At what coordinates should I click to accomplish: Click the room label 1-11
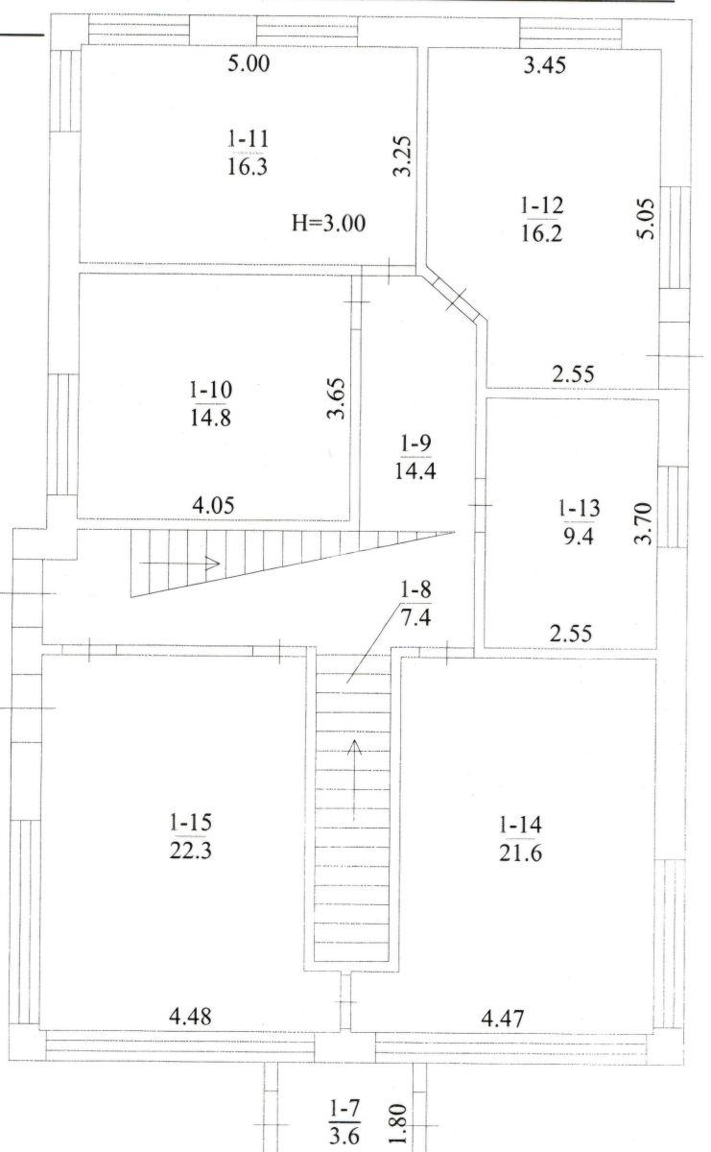click(x=249, y=139)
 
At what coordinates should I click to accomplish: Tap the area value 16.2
click(x=542, y=234)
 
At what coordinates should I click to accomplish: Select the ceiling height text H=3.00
click(x=329, y=224)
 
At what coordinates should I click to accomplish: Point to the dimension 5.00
click(x=249, y=64)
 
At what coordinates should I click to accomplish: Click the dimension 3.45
click(x=545, y=65)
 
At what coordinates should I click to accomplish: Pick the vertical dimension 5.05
click(x=645, y=219)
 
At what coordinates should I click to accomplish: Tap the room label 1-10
click(x=211, y=390)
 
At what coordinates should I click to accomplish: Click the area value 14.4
click(x=415, y=470)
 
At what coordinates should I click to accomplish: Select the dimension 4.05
click(x=213, y=505)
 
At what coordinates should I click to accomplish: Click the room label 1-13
click(x=580, y=508)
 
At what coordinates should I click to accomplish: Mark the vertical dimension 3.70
click(x=644, y=523)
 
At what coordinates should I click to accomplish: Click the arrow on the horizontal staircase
click(x=180, y=564)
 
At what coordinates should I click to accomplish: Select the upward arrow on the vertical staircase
click(x=354, y=780)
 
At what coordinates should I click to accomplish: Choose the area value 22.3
click(x=191, y=851)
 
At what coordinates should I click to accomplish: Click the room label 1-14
click(x=520, y=825)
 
